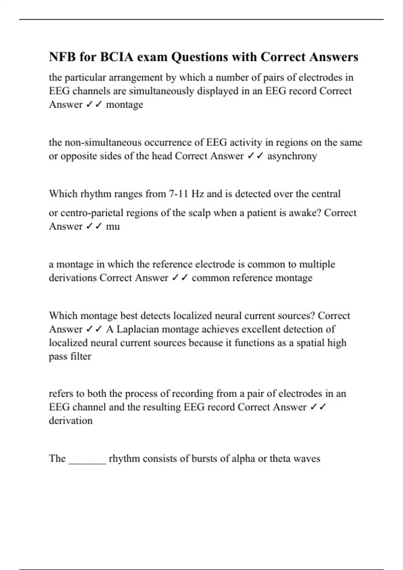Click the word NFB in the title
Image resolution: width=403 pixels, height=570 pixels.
click(62, 57)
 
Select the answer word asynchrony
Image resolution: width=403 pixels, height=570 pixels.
click(292, 156)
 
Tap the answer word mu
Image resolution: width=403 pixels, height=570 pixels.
click(113, 226)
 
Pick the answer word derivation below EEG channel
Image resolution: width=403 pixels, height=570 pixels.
click(71, 420)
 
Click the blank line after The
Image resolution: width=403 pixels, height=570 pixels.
click(87, 459)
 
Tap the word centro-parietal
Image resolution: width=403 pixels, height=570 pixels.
click(91, 213)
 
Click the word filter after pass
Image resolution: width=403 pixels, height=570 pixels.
click(81, 356)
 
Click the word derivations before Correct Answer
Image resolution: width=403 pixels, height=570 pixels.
click(73, 278)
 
